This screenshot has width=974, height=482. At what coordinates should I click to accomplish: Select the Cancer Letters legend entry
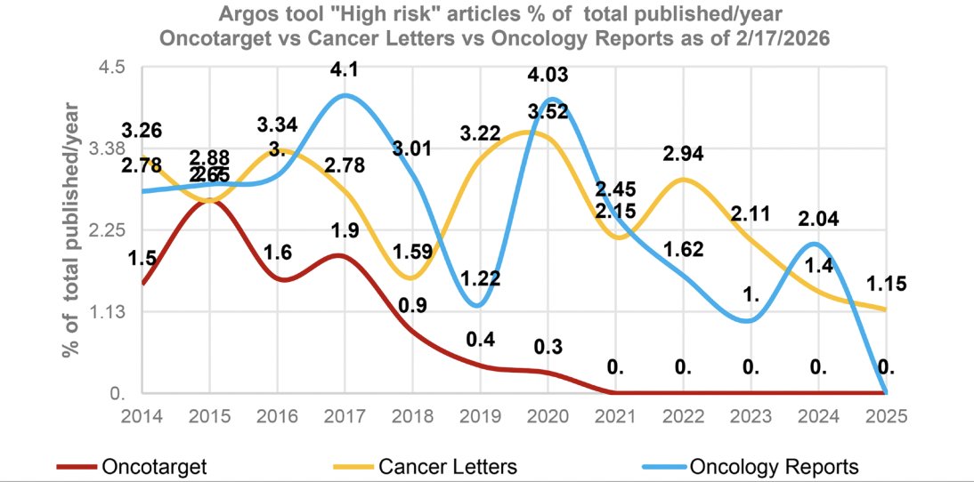click(x=447, y=466)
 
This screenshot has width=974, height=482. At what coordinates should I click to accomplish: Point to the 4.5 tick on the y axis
click(x=117, y=68)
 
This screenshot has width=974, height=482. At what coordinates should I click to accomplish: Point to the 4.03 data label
click(x=548, y=75)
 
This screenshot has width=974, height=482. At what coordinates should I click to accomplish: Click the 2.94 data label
click(x=683, y=153)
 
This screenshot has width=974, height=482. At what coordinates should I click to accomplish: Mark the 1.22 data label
click(x=480, y=278)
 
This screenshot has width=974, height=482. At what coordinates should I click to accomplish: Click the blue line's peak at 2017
click(x=345, y=95)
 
